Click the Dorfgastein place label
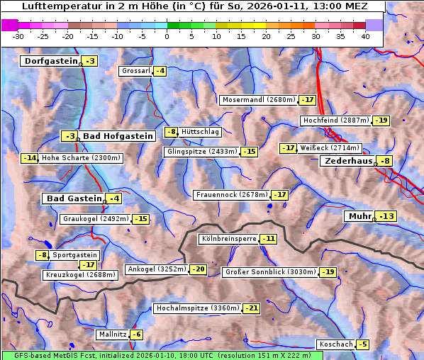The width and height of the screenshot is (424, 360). click(x=50, y=62)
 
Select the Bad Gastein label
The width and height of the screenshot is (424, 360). click(x=74, y=198)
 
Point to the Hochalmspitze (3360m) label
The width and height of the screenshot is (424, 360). click(x=197, y=308)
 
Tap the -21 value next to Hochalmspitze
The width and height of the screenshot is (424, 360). click(x=252, y=308)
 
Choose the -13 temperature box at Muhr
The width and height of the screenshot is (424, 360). click(x=387, y=216)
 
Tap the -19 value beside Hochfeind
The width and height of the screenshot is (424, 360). click(x=381, y=120)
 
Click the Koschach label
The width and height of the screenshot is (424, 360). click(x=335, y=344)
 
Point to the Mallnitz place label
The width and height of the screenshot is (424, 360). click(x=112, y=334)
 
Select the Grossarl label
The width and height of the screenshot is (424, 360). click(x=135, y=71)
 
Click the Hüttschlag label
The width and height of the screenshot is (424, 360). click(x=200, y=132)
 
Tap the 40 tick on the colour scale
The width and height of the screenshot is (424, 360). click(x=365, y=35)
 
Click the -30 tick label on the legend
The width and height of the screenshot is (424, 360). click(x=18, y=35)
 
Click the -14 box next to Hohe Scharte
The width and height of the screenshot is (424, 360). click(x=29, y=158)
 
